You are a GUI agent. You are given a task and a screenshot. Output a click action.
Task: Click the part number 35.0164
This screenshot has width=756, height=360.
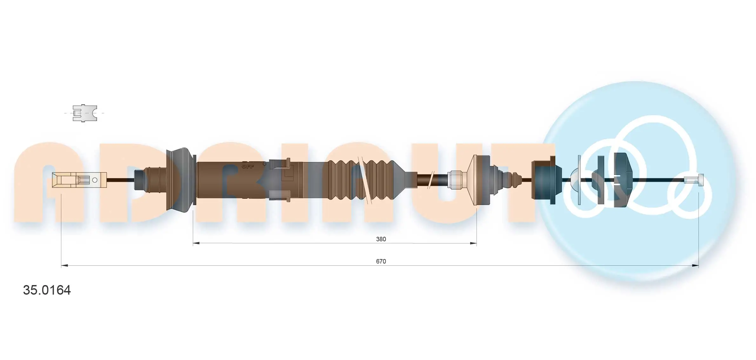[47, 290]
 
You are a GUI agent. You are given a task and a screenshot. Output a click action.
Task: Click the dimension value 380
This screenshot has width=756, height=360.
[381, 239]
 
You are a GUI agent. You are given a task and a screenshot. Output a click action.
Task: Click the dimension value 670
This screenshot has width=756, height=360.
[381, 261]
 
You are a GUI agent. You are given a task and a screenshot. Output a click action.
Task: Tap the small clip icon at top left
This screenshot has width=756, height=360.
[84, 113]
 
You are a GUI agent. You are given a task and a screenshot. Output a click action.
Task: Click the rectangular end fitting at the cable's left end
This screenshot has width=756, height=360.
[79, 180]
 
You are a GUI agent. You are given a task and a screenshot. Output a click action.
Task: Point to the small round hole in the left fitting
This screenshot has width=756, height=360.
[95, 180]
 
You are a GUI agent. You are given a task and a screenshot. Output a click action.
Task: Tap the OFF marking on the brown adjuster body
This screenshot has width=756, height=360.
[248, 166]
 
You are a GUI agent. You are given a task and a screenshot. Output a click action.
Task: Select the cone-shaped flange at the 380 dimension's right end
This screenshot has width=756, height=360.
[480, 180]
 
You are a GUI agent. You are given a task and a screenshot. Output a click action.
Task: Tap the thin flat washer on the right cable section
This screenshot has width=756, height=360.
[579, 180]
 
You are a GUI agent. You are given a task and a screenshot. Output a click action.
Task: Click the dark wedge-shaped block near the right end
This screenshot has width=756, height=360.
[621, 180]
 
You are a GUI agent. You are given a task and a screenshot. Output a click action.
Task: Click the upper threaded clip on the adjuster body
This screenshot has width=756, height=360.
[280, 164]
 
